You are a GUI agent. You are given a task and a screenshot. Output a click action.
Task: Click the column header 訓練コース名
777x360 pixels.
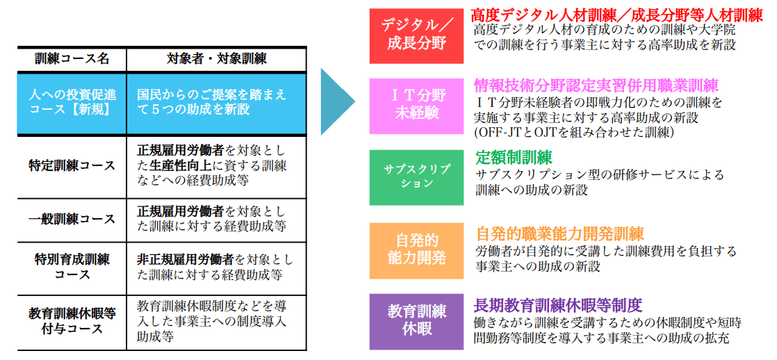click(72, 59)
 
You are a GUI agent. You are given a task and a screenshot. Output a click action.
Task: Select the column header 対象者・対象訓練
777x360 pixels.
click(216, 59)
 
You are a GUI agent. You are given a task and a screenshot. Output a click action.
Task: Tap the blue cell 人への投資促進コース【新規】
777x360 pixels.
click(72, 103)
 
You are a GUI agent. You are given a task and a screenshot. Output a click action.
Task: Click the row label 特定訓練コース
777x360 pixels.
click(72, 166)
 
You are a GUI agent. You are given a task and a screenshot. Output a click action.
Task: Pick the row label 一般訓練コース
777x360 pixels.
click(72, 219)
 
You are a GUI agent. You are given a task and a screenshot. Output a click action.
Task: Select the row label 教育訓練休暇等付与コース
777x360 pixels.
click(72, 321)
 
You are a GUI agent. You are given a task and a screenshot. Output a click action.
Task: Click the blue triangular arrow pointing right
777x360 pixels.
click(338, 101)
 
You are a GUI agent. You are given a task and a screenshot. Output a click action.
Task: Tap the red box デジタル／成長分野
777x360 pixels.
click(416, 35)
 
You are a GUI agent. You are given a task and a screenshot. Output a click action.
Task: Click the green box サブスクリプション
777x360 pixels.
click(416, 177)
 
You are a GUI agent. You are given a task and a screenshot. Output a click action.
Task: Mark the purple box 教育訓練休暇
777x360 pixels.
click(416, 321)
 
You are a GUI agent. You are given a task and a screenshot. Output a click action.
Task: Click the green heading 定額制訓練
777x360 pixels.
click(514, 158)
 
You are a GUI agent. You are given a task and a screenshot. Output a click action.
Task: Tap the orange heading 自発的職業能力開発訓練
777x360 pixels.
click(560, 233)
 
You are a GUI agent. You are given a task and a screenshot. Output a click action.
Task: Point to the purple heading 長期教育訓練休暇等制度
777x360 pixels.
click(559, 304)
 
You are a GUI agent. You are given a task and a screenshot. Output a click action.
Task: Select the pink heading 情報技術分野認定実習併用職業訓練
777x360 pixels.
click(596, 85)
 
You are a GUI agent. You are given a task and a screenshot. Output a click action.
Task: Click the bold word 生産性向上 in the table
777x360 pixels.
click(173, 165)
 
